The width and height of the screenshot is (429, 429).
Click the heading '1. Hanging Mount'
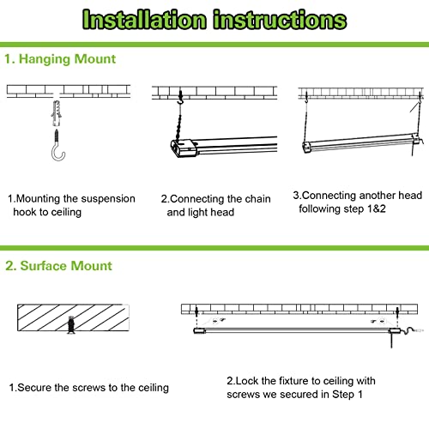(60, 59)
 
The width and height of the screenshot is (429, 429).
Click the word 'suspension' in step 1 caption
(107, 199)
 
